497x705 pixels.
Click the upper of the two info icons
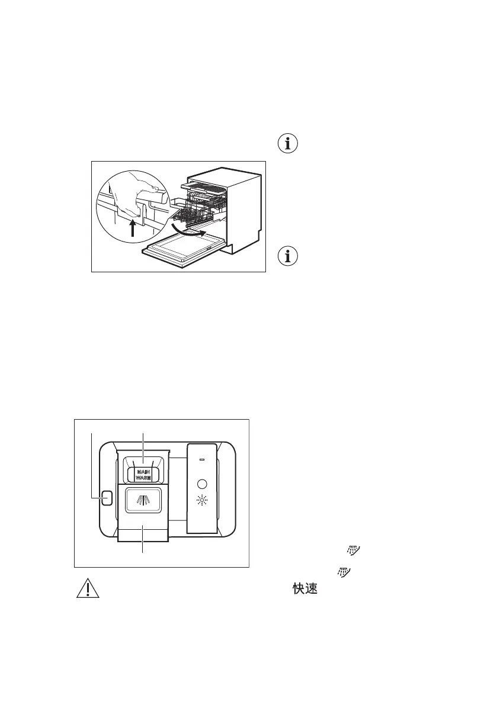[288, 144]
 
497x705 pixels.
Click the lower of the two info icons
[288, 256]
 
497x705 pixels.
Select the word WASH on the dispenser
[142, 478]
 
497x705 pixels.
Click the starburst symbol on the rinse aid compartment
[202, 503]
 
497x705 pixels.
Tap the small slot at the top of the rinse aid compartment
[202, 459]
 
